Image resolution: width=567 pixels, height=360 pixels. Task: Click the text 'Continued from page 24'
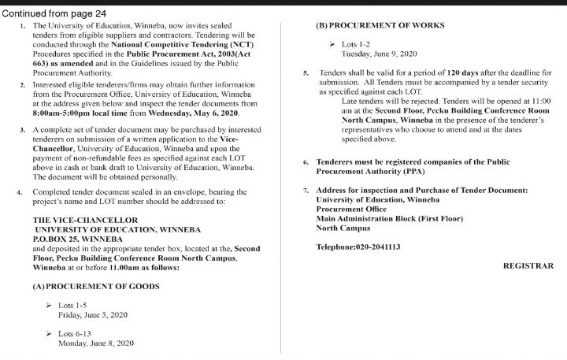point(55,13)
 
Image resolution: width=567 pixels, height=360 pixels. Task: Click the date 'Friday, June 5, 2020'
point(93,314)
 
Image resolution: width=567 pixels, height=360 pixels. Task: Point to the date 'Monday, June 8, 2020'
point(96,343)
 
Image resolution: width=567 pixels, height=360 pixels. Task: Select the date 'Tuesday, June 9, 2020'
point(377,54)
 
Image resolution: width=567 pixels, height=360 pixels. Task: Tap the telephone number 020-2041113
point(358,247)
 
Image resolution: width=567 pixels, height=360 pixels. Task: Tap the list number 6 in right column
point(306,161)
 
